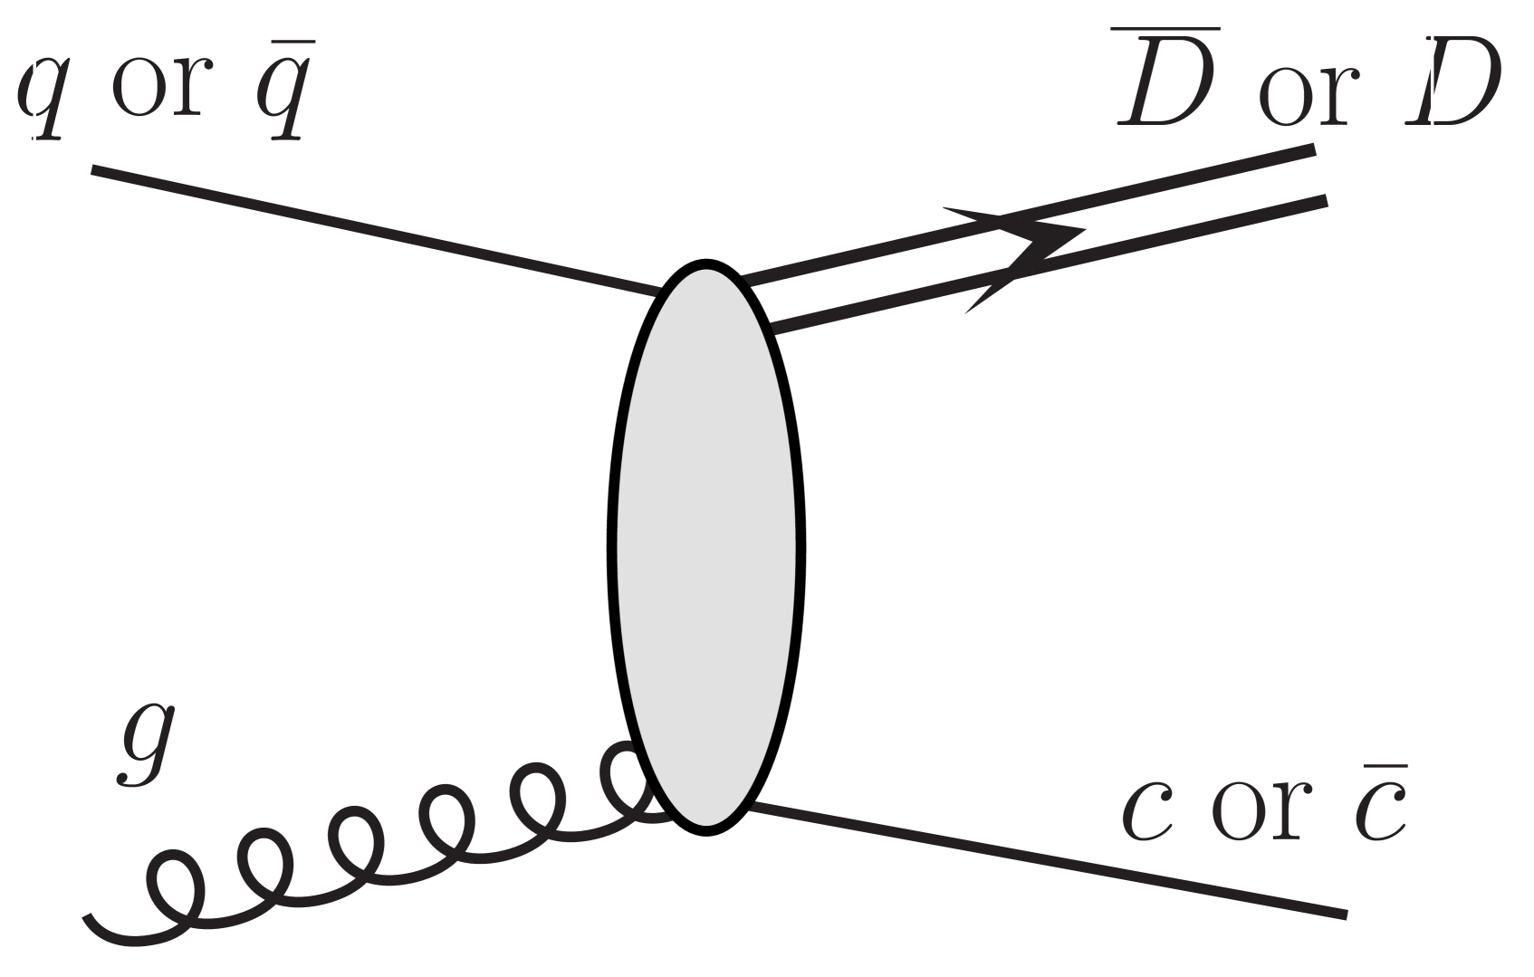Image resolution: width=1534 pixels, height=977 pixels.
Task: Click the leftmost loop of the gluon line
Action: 174,886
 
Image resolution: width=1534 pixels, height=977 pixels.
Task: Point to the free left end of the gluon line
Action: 88,919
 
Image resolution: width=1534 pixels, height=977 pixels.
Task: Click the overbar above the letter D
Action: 1165,30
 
